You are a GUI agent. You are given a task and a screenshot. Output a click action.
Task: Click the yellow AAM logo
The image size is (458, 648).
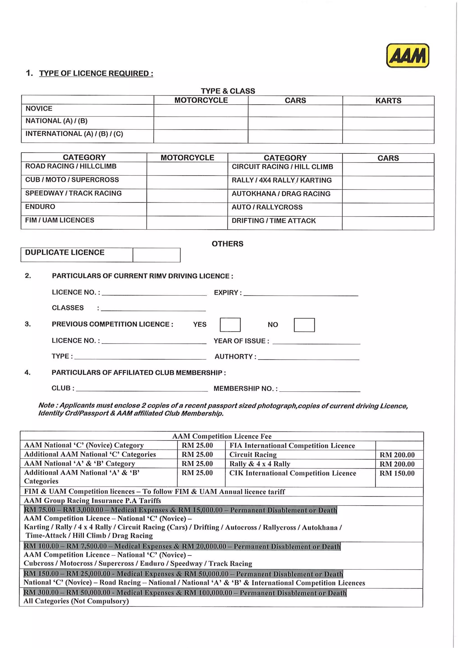[407, 55]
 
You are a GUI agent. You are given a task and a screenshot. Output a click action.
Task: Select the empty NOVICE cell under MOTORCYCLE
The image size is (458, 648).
[201, 111]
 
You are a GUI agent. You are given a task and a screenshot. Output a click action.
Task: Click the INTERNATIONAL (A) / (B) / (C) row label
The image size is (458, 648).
[74, 134]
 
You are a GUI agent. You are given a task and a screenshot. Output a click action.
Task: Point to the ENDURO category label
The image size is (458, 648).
[40, 207]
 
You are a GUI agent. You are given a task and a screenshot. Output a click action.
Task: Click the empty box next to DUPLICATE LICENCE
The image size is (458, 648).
[156, 255]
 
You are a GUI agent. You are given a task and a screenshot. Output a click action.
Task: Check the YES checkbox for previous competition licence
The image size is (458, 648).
[230, 325]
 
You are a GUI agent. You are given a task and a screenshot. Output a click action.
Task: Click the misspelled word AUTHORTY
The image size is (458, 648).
[233, 357]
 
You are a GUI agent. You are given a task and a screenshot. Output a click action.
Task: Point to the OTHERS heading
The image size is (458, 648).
[227, 244]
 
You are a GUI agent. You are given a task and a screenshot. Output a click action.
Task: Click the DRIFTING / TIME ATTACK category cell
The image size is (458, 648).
[274, 221]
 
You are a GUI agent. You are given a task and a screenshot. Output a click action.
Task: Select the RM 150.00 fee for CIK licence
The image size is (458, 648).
[397, 473]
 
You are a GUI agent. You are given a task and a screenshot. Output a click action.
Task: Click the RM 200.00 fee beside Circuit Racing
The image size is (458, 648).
[397, 455]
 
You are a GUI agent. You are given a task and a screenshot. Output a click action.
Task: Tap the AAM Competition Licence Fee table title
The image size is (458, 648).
[222, 436]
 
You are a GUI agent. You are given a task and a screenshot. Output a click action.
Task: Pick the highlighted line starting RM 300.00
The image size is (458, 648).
[185, 593]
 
